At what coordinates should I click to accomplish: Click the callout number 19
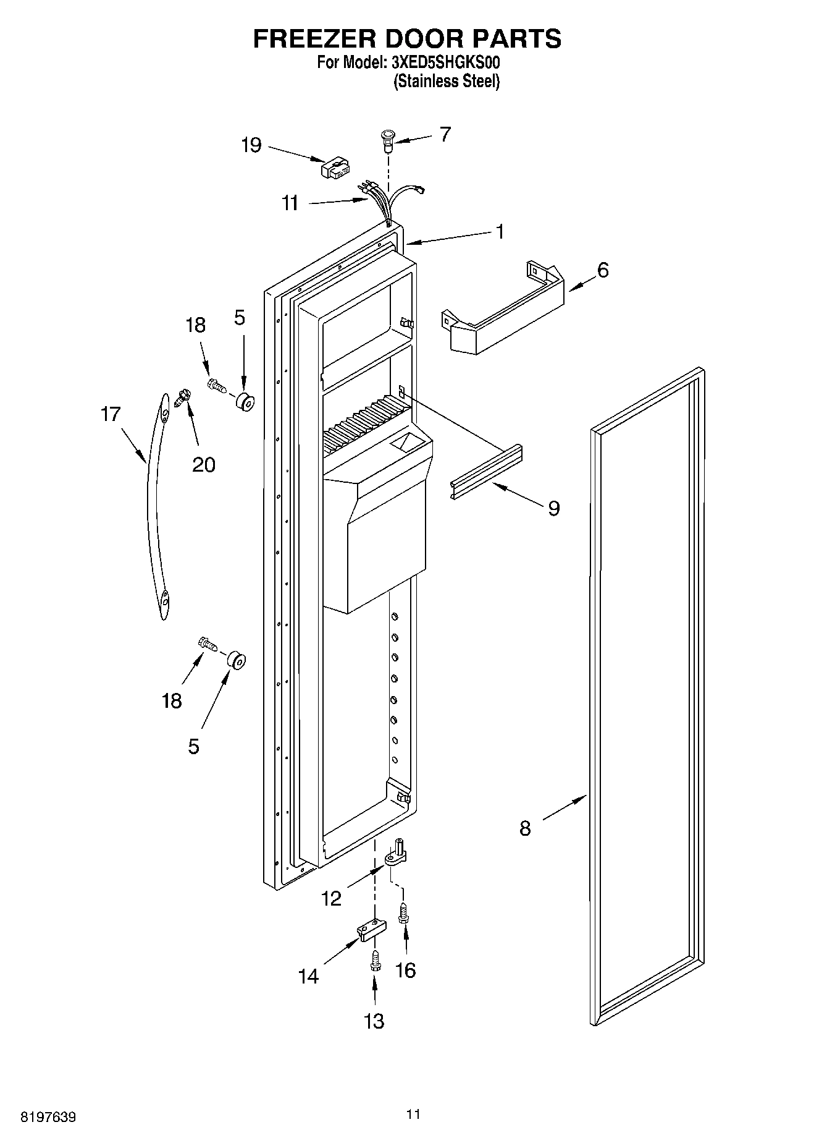click(251, 146)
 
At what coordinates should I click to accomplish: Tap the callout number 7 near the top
click(445, 134)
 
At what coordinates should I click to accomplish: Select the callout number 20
click(203, 464)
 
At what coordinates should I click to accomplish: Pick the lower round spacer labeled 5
click(236, 660)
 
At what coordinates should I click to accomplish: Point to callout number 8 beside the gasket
click(524, 828)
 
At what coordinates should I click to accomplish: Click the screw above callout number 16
click(403, 912)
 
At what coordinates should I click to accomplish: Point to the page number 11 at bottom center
click(413, 1114)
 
